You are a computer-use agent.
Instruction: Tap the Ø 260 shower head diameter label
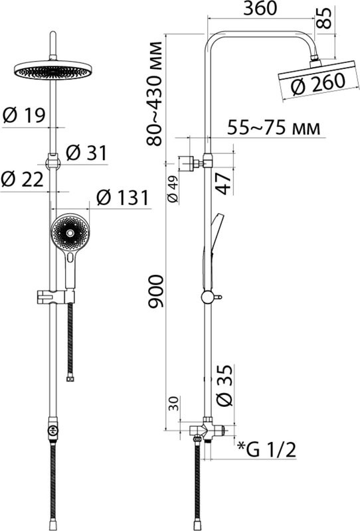click(x=318, y=83)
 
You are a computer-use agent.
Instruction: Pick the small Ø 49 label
click(x=172, y=189)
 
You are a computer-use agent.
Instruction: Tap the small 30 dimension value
click(x=172, y=404)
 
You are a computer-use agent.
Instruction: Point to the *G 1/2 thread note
click(x=266, y=451)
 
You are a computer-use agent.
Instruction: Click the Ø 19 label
click(x=23, y=115)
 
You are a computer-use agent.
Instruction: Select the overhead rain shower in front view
click(x=51, y=70)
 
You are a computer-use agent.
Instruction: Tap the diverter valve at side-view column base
click(x=207, y=430)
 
